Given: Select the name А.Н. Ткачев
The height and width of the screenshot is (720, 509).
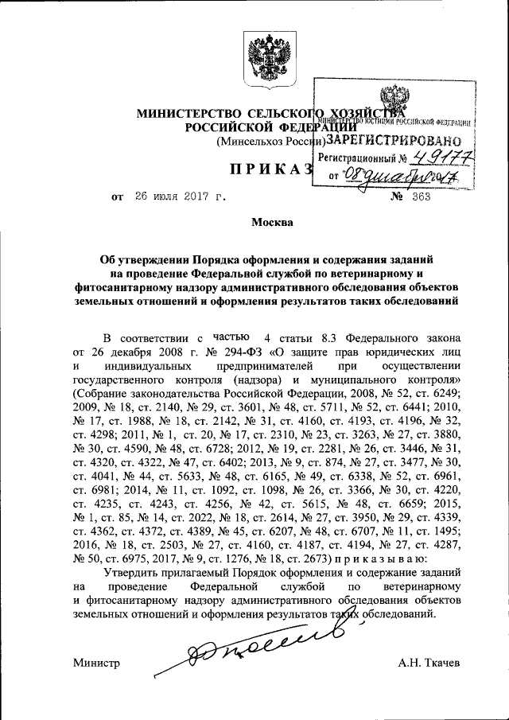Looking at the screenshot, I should (429, 663).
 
